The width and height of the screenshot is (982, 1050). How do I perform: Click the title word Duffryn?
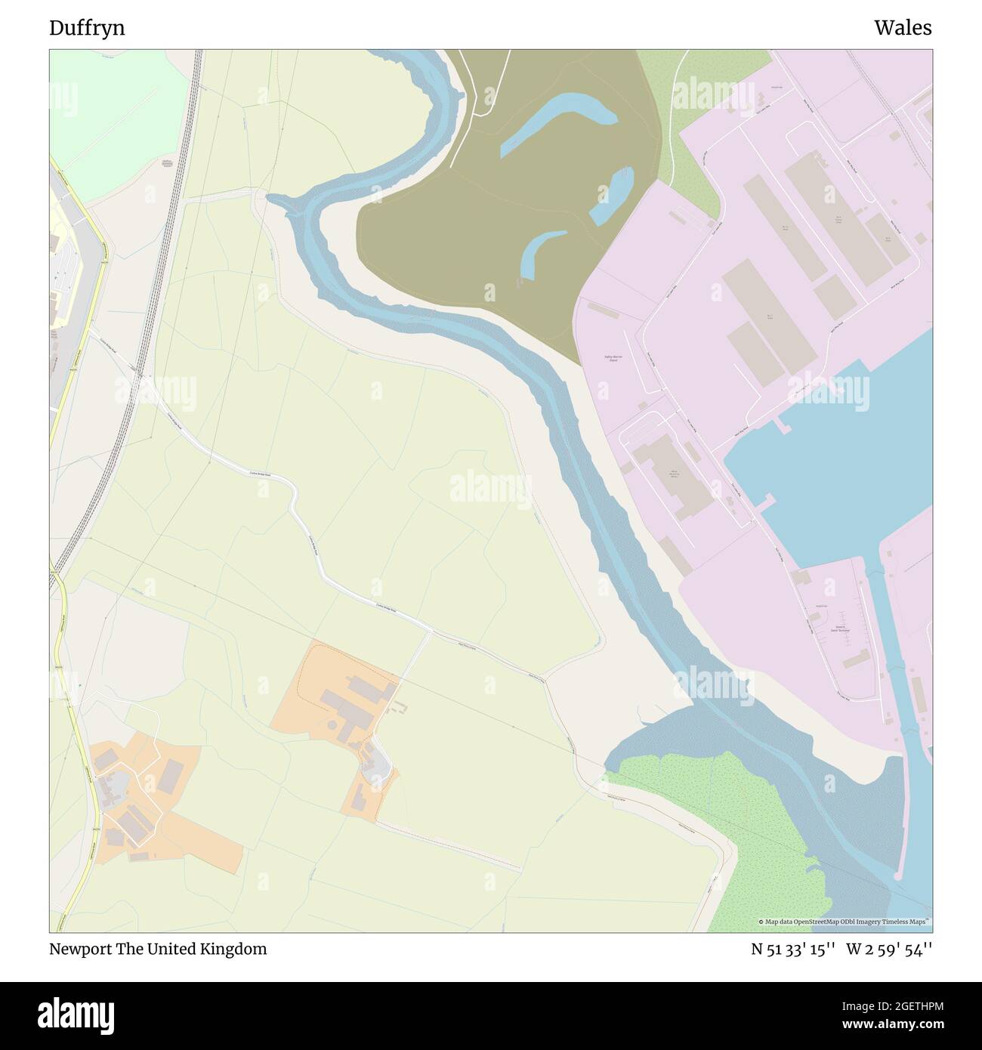87,28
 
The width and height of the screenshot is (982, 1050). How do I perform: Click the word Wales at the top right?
903,28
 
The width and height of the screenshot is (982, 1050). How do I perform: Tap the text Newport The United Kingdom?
158,949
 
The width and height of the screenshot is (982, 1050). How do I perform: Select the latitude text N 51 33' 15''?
792,949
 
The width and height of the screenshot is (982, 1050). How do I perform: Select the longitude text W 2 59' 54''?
889,949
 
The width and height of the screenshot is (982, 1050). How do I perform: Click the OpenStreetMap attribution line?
845,922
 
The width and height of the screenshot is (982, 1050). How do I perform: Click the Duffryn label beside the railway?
166,163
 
